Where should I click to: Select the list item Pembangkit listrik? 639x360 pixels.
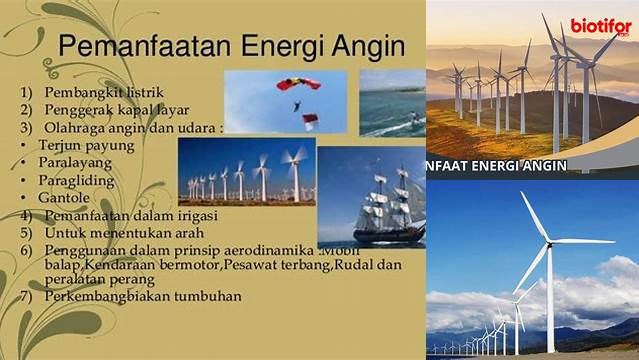[104, 93]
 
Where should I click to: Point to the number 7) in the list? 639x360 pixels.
[26, 296]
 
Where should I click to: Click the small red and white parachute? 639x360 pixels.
[310, 121]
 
